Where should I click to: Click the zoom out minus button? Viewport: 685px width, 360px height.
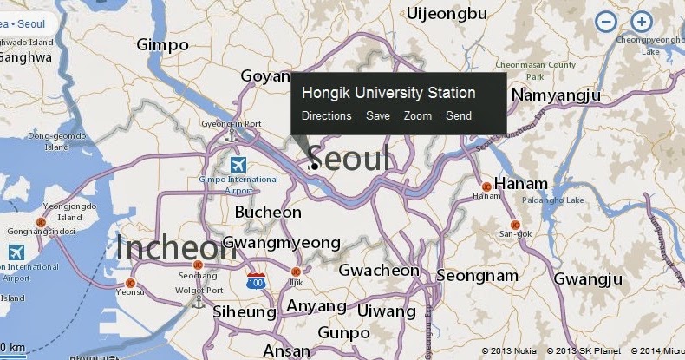point(607,23)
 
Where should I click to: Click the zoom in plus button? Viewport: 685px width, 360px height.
point(641,23)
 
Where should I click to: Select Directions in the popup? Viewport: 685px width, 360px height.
point(326,115)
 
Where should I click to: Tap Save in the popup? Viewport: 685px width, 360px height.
point(378,115)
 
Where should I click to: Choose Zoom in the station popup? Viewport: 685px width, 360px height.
point(418,115)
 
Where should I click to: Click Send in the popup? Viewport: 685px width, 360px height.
point(459,115)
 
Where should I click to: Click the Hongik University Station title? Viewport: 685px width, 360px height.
point(388,93)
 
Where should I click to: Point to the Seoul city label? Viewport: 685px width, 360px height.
point(349,159)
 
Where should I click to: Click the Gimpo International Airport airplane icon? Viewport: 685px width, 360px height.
point(236,164)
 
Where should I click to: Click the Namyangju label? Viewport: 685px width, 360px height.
point(556,94)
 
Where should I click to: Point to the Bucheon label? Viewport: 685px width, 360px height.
point(268,213)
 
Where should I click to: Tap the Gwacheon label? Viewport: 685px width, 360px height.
point(379,271)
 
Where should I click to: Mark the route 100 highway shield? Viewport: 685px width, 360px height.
point(256,282)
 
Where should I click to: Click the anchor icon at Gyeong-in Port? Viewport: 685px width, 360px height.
point(231,136)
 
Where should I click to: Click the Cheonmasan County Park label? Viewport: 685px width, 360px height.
point(536,70)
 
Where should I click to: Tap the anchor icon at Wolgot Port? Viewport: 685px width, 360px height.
point(198,302)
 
